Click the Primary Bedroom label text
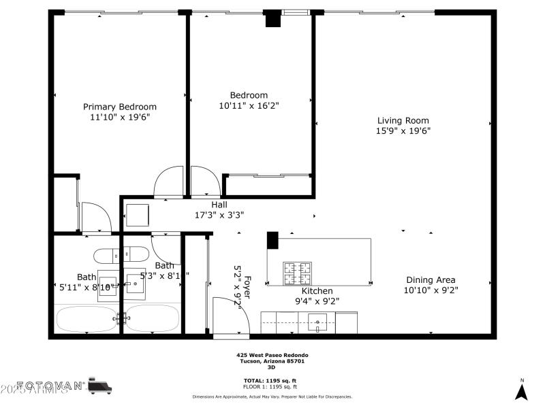point(120,107)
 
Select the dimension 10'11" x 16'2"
point(249,106)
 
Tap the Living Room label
point(403,120)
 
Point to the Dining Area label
point(431,279)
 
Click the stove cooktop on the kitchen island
point(298,273)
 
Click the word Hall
point(219,204)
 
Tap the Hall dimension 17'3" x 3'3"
point(219,215)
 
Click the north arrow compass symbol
point(522,390)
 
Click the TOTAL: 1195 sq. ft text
point(270,380)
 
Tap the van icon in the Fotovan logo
point(101,386)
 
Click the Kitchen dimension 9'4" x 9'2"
point(317,301)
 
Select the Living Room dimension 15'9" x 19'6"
point(403,131)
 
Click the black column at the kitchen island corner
point(272,240)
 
